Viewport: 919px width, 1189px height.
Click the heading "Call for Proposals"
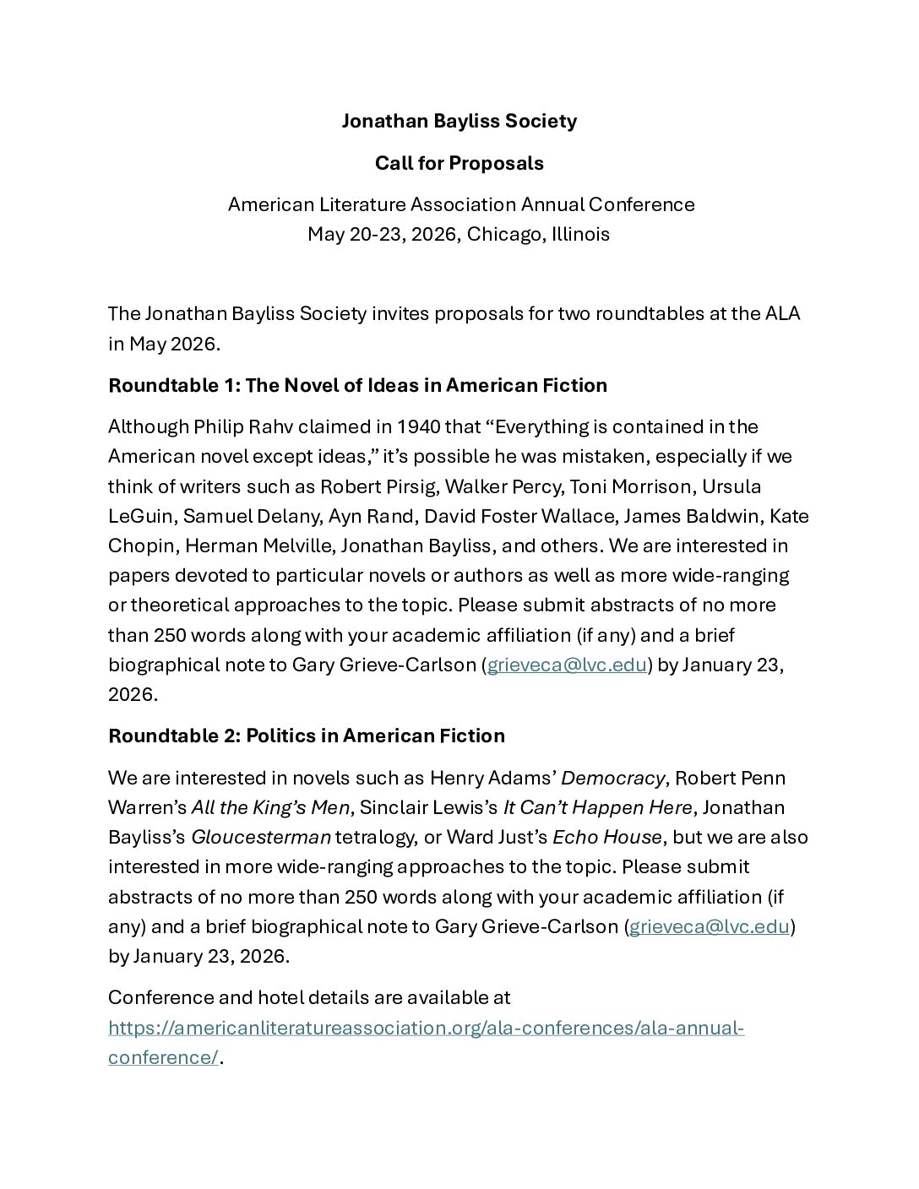[459, 163]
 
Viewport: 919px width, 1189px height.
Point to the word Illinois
[580, 234]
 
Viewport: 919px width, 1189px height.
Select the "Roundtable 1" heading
[357, 385]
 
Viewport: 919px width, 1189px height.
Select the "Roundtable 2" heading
[306, 736]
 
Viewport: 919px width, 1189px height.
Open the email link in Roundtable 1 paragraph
[567, 665]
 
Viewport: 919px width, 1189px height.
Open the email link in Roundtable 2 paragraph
[710, 926]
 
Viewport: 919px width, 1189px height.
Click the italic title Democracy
[612, 778]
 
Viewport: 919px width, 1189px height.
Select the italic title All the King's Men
[270, 807]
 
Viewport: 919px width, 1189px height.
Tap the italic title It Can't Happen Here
[598, 807]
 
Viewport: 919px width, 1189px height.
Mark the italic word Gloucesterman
[261, 837]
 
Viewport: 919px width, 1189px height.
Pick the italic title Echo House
[606, 837]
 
